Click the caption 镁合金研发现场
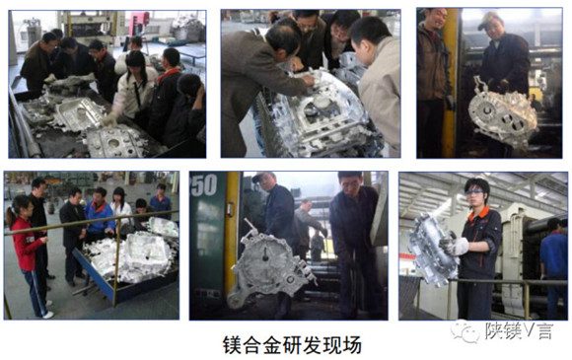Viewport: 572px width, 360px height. click(292, 345)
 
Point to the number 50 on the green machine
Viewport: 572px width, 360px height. click(204, 184)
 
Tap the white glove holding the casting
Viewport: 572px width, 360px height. click(458, 247)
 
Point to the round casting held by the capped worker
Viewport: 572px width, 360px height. click(503, 114)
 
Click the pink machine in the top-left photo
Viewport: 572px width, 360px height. click(139, 18)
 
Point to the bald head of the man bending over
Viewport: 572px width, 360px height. click(283, 34)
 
